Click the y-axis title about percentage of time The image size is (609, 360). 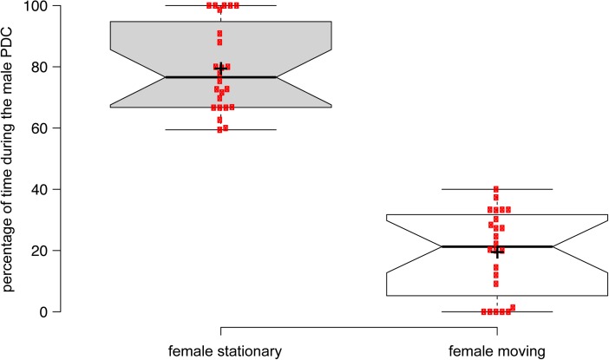point(10,159)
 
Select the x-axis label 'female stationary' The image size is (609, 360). point(220,350)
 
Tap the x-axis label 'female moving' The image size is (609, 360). point(496,350)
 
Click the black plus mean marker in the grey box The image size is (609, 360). point(220,69)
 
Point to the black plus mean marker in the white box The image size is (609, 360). point(497,252)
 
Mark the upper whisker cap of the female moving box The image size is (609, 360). point(496,189)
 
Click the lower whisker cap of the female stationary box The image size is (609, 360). point(220,130)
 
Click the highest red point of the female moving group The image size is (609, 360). point(496,189)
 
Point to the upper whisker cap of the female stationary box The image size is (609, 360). point(260,5)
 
